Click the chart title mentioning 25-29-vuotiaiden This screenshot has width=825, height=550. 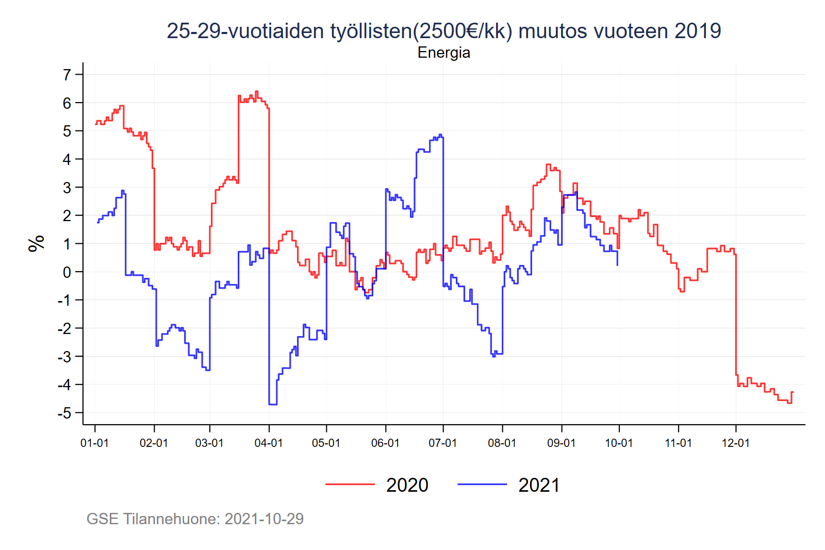point(443,31)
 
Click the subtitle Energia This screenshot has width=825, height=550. point(443,53)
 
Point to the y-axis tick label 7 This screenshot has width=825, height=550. point(67,75)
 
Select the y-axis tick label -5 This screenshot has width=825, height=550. point(64,413)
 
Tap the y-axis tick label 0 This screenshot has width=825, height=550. point(67,272)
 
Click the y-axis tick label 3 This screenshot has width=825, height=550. point(67,188)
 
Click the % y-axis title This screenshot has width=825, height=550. point(37,243)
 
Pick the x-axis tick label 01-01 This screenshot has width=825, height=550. point(94,443)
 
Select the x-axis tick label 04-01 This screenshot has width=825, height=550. point(269,443)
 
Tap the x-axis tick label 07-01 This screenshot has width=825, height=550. point(443,443)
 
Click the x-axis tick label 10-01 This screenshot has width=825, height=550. point(619,443)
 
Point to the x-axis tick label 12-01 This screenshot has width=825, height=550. point(736,443)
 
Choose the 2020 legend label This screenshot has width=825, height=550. point(407,486)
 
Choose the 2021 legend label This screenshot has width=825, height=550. point(539,486)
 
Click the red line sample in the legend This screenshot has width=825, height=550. point(350,485)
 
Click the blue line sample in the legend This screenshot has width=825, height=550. point(482,485)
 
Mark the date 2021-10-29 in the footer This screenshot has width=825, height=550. point(264,519)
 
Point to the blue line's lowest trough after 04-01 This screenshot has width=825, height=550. point(273,404)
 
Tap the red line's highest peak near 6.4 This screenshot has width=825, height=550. point(256,92)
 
